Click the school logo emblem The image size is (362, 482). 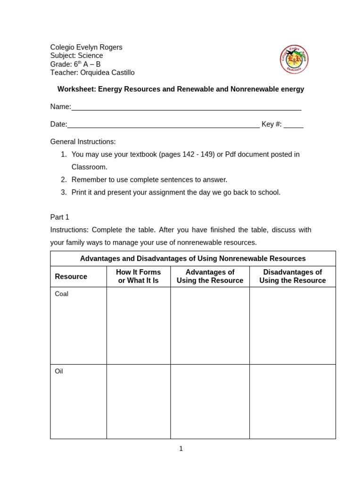[x=294, y=59]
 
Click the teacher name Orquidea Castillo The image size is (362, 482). [x=107, y=72]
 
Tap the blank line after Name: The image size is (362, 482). [x=186, y=108]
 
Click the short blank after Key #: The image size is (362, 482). [x=293, y=126]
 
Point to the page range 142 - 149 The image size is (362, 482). [x=198, y=154]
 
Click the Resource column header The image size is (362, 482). [x=71, y=276]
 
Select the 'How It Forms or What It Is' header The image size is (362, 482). [x=138, y=276]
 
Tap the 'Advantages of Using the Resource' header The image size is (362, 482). [x=210, y=276]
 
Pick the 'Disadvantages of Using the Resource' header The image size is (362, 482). [x=292, y=276]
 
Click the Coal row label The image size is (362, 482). [x=62, y=294]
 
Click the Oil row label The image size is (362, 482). [x=59, y=371]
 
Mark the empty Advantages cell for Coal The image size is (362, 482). [x=210, y=326]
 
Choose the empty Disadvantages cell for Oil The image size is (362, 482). [x=292, y=402]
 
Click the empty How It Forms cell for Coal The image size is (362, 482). [x=138, y=326]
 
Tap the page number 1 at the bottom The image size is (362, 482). [x=181, y=449]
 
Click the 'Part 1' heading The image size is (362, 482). [x=60, y=217]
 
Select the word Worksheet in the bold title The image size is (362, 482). [x=76, y=89]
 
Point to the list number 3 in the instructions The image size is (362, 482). [x=64, y=192]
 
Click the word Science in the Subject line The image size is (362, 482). [x=90, y=56]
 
